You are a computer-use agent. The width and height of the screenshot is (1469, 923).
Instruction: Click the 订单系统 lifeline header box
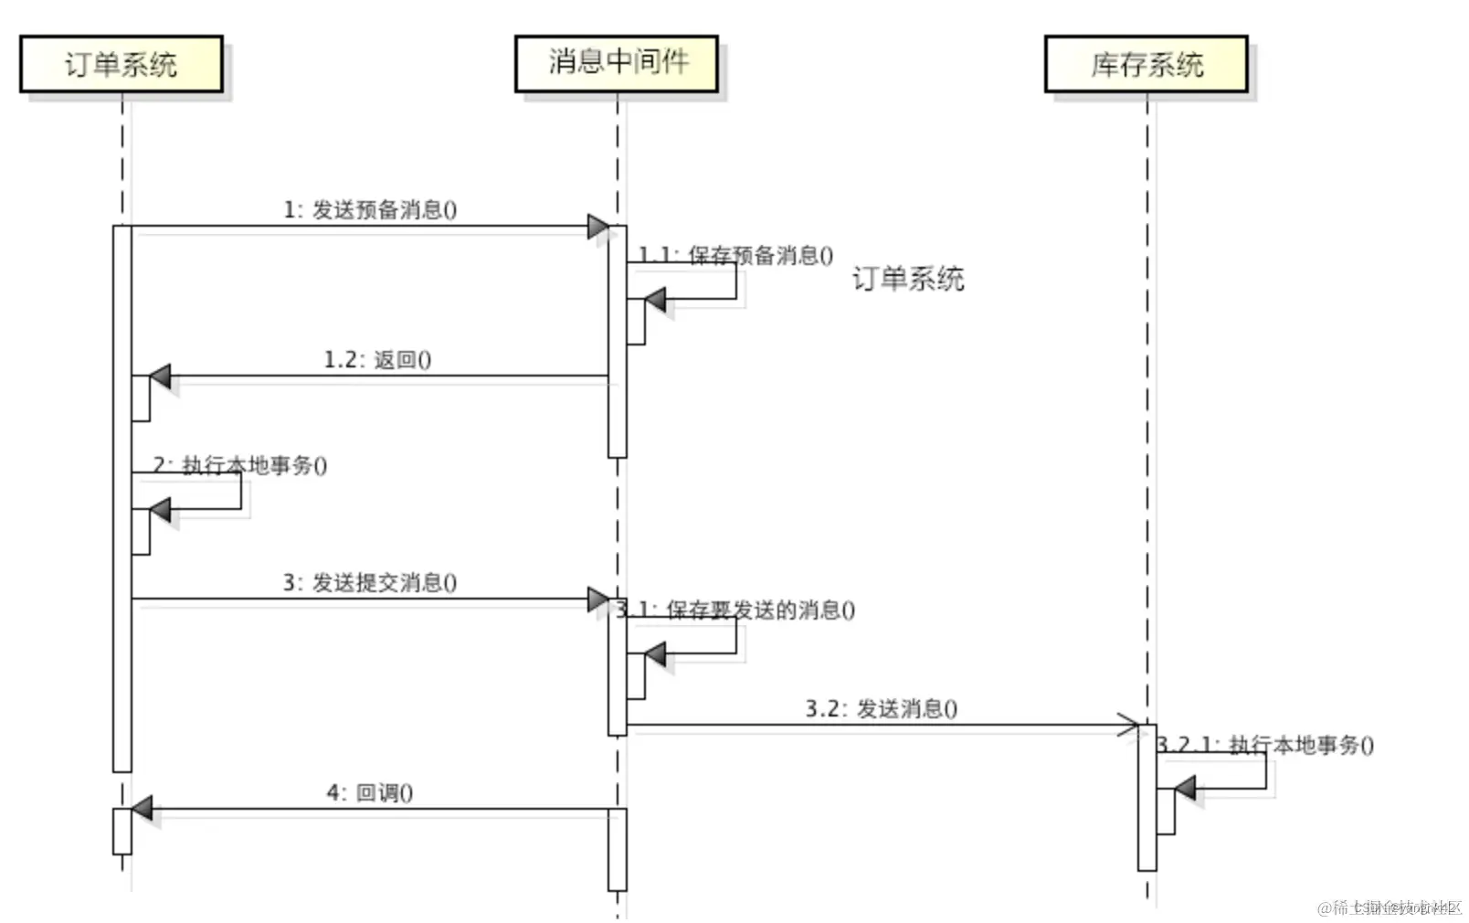point(121,64)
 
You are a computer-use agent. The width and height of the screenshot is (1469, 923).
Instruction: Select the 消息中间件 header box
point(617,63)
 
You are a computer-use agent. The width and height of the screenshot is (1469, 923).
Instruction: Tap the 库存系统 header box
point(1147,64)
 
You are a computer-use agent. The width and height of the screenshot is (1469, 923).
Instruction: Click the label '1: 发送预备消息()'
point(370,210)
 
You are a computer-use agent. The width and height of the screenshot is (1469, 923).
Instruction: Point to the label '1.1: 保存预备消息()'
point(736,255)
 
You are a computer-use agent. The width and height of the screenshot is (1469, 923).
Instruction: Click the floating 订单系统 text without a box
point(908,278)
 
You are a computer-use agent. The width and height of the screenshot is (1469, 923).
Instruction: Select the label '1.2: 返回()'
point(377,359)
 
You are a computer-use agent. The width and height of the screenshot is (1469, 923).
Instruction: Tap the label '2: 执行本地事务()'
point(240,465)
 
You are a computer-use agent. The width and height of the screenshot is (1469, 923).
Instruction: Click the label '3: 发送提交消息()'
point(370,582)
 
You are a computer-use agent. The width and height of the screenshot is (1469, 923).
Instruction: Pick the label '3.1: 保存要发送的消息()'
point(736,610)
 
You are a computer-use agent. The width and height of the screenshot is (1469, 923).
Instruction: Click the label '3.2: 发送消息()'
point(882,708)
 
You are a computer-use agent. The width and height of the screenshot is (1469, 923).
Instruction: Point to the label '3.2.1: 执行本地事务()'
point(1265,745)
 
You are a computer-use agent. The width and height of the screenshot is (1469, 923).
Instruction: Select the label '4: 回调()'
point(370,792)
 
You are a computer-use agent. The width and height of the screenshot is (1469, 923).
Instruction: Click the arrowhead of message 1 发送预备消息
point(598,226)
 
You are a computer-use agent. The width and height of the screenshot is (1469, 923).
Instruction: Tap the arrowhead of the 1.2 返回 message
point(160,376)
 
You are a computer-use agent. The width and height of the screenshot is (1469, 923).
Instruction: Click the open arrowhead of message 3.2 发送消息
point(1129,726)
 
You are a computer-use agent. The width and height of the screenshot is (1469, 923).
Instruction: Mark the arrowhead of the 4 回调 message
point(142,808)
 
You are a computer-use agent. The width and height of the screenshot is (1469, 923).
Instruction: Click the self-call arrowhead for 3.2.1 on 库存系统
point(1185,788)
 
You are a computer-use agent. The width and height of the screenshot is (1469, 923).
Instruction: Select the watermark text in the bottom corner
point(1389,907)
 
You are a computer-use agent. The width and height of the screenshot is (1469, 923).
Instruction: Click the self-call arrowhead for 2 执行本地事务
point(160,509)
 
